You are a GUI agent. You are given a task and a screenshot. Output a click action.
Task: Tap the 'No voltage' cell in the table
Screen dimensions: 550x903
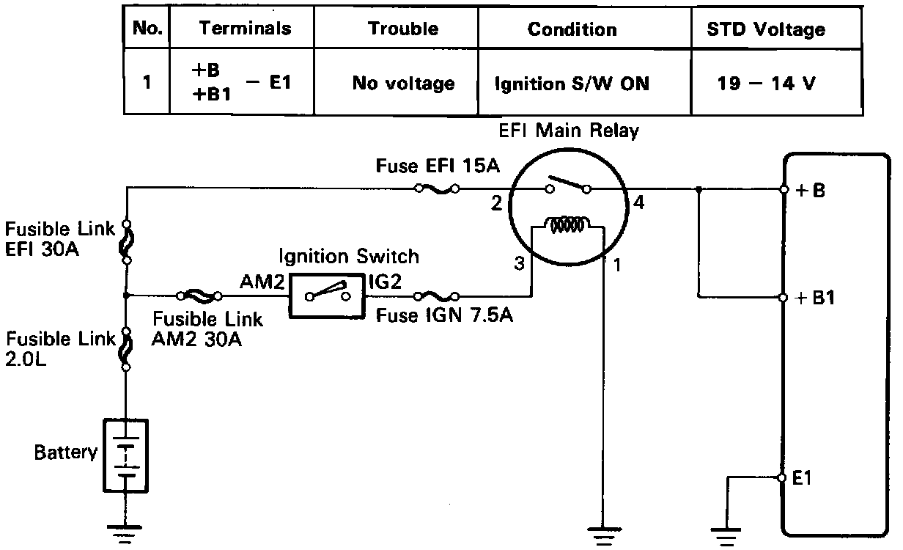pyautogui.click(x=403, y=84)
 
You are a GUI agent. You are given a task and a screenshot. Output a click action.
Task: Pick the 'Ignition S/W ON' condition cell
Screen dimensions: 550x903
pyautogui.click(x=572, y=84)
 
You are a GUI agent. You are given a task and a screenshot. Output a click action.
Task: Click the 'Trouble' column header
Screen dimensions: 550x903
pyautogui.click(x=403, y=29)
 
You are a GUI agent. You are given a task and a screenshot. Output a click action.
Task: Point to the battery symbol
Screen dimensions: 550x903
pyautogui.click(x=127, y=455)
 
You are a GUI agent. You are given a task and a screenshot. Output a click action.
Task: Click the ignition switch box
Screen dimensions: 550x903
pyautogui.click(x=328, y=296)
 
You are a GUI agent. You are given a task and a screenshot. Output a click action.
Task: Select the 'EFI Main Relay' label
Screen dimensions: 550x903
pyautogui.click(x=569, y=132)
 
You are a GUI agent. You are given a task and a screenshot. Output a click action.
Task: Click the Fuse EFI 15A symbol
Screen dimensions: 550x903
pyautogui.click(x=437, y=188)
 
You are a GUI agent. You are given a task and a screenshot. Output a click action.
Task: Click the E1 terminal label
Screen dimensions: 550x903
pyautogui.click(x=803, y=477)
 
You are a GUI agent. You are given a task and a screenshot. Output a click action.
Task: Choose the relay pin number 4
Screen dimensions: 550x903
pyautogui.click(x=638, y=204)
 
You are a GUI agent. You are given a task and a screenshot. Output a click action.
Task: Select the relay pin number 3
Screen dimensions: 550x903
pyautogui.click(x=519, y=265)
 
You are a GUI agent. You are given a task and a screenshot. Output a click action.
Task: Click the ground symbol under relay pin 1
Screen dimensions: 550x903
pyautogui.click(x=602, y=533)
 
